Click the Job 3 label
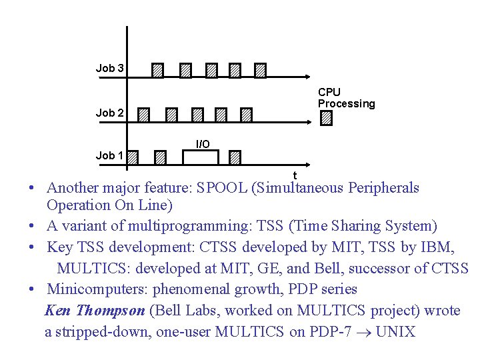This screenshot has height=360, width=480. [x=109, y=68]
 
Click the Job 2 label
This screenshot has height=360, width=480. [x=109, y=113]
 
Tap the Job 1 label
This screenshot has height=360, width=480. [x=109, y=156]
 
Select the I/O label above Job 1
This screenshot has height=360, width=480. [x=203, y=144]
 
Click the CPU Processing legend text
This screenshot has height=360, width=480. [x=346, y=98]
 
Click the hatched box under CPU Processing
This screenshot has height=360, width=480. [x=326, y=118]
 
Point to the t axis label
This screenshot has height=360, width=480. [x=295, y=175]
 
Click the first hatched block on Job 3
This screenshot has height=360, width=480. [x=157, y=70]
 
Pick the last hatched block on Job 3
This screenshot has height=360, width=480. [x=261, y=70]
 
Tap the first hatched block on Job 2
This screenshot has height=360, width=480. [x=145, y=115]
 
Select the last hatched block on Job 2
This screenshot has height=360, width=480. [x=247, y=115]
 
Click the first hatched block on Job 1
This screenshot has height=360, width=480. [x=133, y=157]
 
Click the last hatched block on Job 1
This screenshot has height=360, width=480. [x=235, y=157]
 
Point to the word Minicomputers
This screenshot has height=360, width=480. [x=98, y=289]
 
